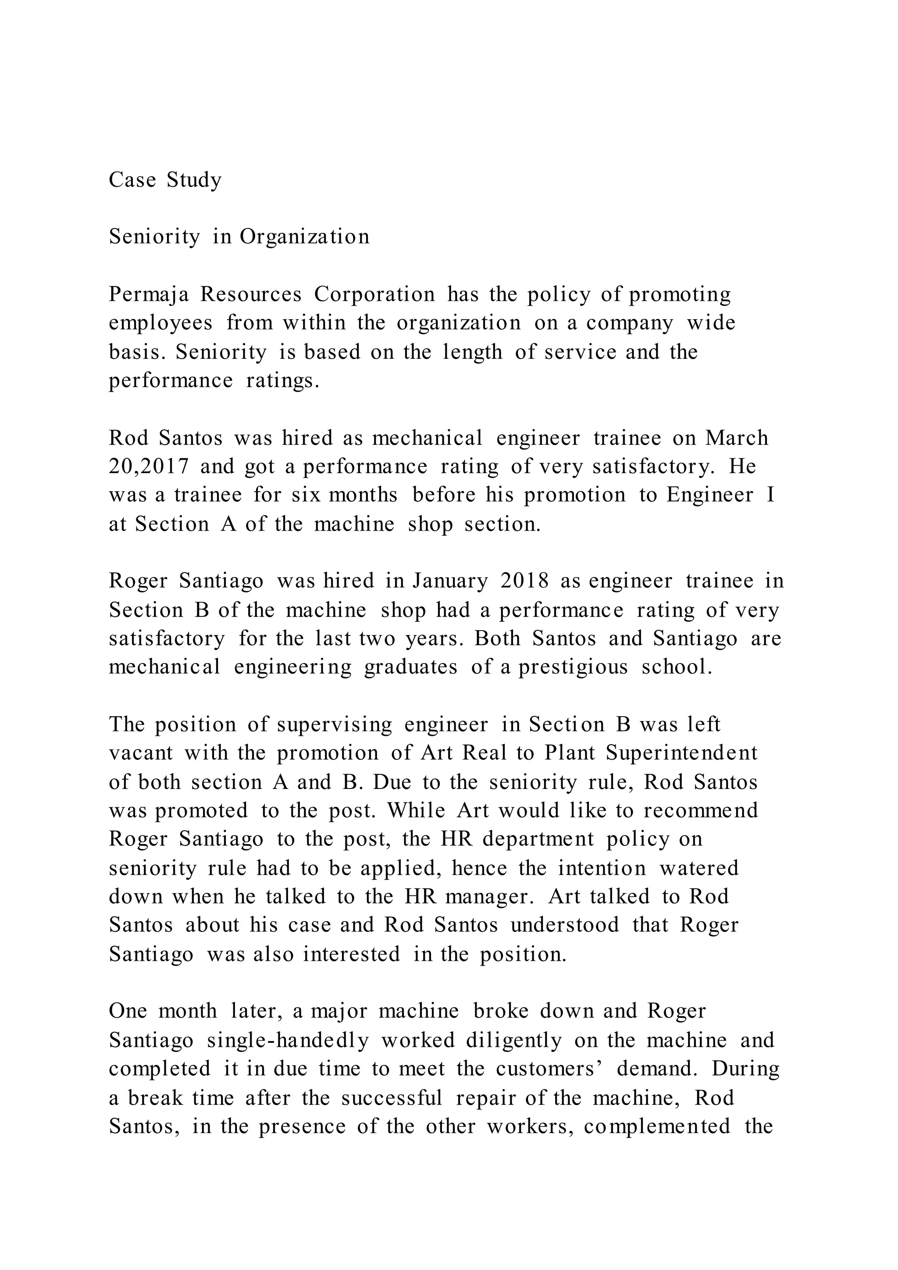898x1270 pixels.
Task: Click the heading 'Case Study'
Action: coord(165,180)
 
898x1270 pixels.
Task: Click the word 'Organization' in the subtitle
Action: coord(304,237)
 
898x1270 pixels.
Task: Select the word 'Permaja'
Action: coord(149,294)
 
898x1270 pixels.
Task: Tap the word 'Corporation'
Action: coord(374,294)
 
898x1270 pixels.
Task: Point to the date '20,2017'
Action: coord(149,467)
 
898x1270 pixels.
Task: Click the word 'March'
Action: coord(737,438)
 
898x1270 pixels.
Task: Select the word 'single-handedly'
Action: coord(288,1041)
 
